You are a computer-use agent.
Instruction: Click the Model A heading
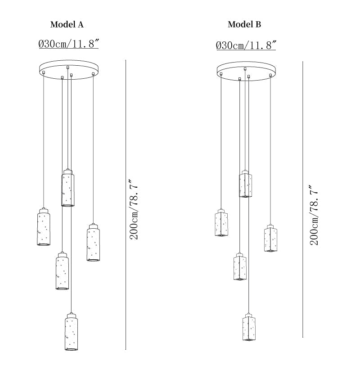point(67,24)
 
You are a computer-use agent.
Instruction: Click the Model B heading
point(244,24)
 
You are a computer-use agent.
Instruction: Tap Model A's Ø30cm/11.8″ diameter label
point(68,44)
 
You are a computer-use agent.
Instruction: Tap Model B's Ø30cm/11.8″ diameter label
point(246,45)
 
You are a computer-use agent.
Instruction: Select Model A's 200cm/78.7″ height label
point(134,209)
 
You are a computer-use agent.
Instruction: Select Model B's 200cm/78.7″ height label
point(314,215)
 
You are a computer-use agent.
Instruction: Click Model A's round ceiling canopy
point(69,70)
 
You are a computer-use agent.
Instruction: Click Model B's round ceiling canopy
point(247,71)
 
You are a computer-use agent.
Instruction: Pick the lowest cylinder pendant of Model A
point(71,331)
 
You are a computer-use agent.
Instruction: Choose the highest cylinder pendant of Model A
point(67,188)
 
